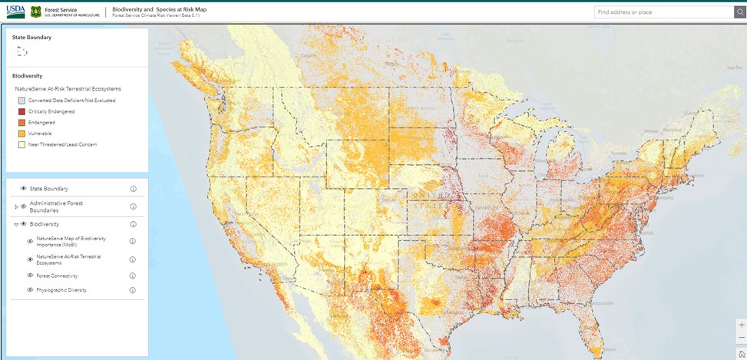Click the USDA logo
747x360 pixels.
point(15,12)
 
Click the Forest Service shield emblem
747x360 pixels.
point(36,12)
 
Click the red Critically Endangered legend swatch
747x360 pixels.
point(21,111)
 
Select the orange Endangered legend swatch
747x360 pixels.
point(21,122)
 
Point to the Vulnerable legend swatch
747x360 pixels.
point(21,133)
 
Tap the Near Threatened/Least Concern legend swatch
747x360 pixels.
point(21,144)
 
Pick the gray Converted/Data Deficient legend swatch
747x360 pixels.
point(21,101)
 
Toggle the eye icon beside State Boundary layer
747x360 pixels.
point(24,188)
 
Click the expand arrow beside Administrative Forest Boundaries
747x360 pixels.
point(16,206)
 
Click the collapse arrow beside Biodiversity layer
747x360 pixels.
point(16,224)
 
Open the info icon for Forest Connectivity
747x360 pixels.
point(133,276)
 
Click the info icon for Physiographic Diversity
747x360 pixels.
point(133,290)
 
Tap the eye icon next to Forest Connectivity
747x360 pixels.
point(31,276)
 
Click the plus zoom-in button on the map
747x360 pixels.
point(741,325)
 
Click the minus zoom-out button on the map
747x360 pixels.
point(741,338)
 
